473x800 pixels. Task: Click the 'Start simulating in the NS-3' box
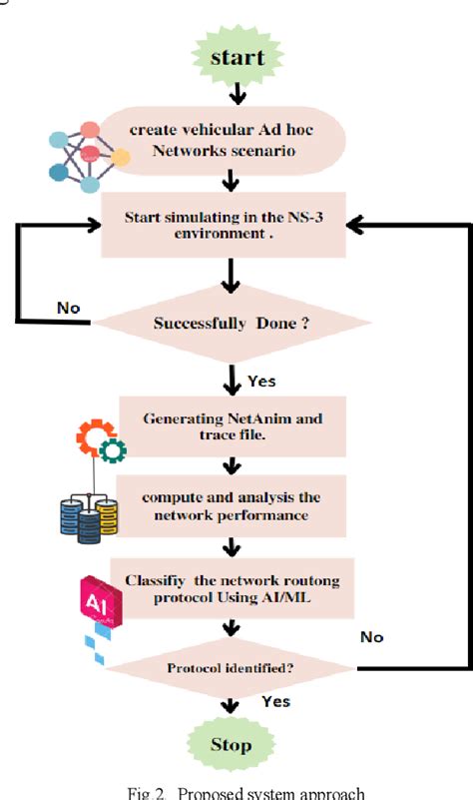[231, 226]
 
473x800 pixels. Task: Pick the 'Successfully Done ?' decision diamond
[232, 323]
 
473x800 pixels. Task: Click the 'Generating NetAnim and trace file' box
[232, 427]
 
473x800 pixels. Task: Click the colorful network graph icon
[88, 155]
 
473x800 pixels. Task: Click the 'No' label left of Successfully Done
[69, 309]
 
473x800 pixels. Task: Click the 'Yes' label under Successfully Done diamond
[262, 381]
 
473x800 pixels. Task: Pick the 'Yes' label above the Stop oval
[275, 702]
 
